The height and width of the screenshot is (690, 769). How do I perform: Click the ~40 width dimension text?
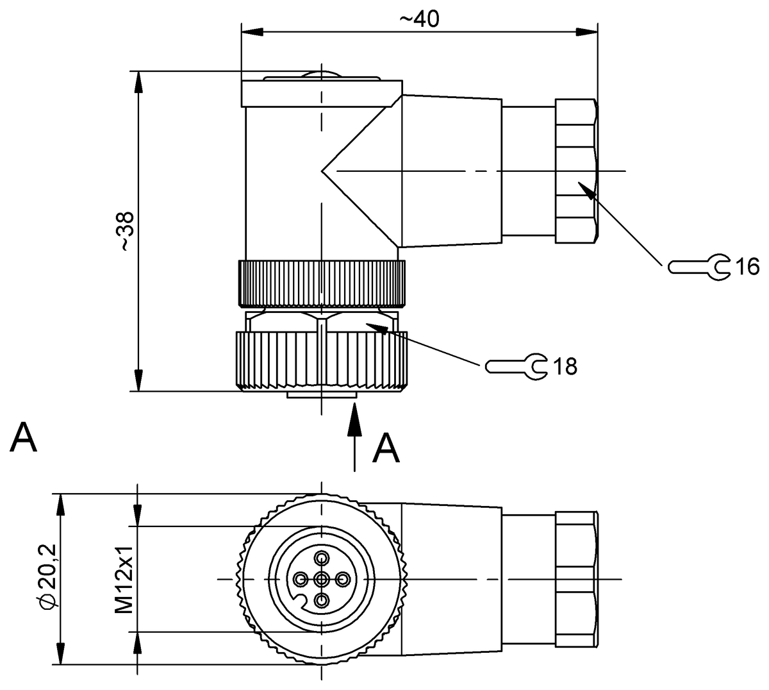tap(419, 19)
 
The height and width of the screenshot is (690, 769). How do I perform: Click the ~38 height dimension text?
tap(126, 231)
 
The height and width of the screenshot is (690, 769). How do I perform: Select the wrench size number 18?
tap(565, 366)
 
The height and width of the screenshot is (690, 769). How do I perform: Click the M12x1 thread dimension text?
tap(123, 579)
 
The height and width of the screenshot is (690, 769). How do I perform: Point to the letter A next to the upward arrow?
tap(386, 448)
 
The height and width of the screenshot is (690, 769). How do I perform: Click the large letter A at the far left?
tap(24, 437)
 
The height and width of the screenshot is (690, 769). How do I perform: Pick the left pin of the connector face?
tap(301, 579)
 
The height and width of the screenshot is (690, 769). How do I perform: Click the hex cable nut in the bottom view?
tap(575, 579)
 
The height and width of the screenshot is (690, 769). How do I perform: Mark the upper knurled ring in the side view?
tap(321, 283)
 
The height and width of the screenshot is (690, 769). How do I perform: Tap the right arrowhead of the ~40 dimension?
tap(584, 31)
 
